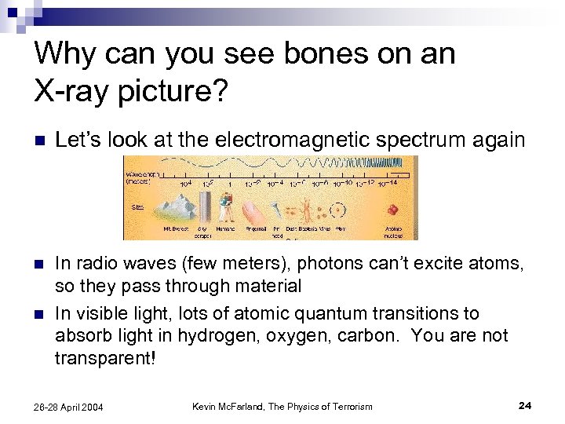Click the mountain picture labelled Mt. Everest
tap(177, 210)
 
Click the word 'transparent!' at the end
tap(106, 358)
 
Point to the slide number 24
tap(525, 405)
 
